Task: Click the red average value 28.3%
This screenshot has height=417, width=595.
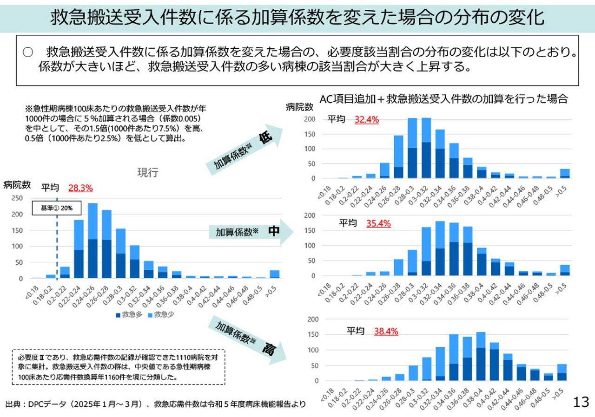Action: (80, 188)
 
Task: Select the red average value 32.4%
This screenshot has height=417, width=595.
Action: (367, 120)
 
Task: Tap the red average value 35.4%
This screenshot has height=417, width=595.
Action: (378, 223)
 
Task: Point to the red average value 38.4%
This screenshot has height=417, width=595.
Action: (386, 332)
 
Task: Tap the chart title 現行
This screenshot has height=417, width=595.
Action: (147, 173)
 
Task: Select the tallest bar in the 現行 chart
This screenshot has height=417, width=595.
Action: (93, 241)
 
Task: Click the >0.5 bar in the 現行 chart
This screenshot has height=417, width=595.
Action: (275, 274)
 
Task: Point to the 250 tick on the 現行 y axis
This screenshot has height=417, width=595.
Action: (17, 198)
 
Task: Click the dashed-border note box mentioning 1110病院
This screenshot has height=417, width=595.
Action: (118, 367)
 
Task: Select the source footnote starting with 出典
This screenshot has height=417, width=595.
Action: (156, 404)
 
